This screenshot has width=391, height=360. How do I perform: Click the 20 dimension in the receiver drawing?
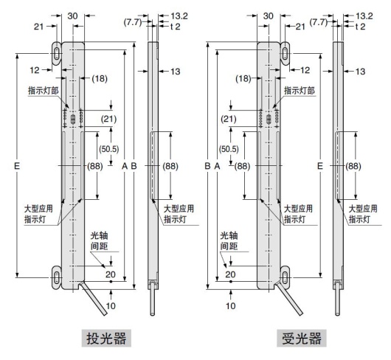click(x=229, y=274)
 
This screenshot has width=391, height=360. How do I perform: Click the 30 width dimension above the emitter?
click(x=72, y=14)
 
